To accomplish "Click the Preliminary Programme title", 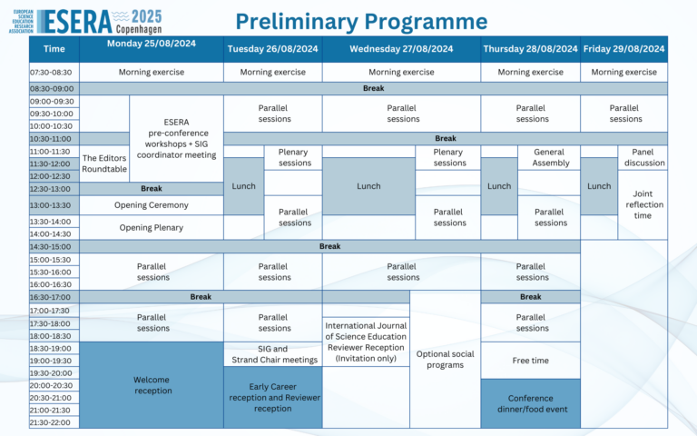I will (361, 20).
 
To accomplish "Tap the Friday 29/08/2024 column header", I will (623, 49).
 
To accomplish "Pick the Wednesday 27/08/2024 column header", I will (401, 49).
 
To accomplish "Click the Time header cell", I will (54, 49).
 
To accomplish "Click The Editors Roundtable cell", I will (104, 163).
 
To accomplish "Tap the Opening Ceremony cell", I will (151, 205).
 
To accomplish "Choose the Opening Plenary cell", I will (151, 227).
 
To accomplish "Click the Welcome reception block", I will (151, 385).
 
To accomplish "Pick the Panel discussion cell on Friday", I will (644, 158).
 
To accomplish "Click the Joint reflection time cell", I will (644, 204).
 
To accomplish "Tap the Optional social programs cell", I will (445, 359).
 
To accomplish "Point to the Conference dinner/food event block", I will (531, 403).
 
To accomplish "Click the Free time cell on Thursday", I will (531, 361).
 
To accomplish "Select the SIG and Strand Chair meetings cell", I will (274, 354).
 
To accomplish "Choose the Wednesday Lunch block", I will (368, 186).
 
